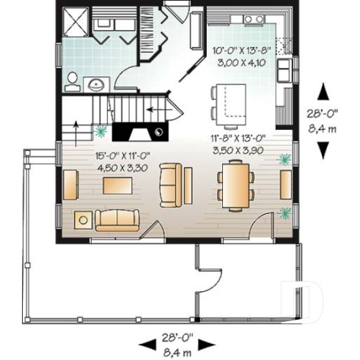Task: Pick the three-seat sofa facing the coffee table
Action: pos(116,218)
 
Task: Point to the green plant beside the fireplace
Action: pos(100,133)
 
